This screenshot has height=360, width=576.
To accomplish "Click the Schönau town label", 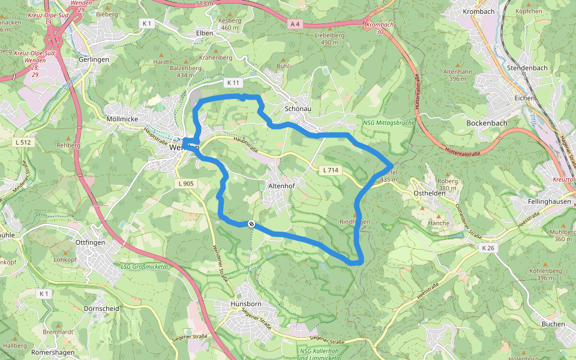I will pos(298,109).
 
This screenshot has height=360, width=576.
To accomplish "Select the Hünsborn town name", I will pos(247,305).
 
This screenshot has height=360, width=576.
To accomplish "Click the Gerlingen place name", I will pos(94,60).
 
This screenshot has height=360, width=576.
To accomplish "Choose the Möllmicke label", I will pos(122,119).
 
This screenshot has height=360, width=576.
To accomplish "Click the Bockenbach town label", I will pos(487,123).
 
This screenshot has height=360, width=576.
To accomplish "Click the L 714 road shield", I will pos(331,170).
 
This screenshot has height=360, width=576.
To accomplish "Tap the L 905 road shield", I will pos(186,184).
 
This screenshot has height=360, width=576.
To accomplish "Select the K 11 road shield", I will pos(234,82).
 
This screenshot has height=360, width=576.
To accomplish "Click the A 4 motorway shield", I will pos(294,25).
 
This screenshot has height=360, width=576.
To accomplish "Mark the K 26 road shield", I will pos(488,247).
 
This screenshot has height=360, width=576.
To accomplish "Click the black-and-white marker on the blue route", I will pos(251,224).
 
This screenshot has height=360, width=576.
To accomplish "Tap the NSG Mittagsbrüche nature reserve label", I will pos(388,123).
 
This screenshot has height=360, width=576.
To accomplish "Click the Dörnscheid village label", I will pos(101,308).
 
